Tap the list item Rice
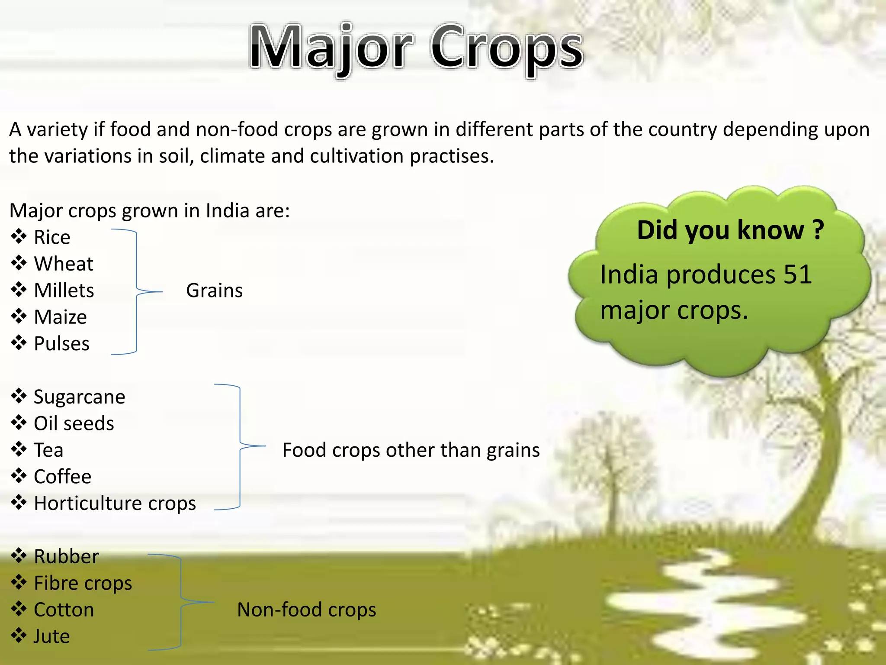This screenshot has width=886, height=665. click(x=52, y=237)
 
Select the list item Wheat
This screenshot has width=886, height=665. click(x=64, y=264)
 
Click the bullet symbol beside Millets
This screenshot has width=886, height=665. click(x=19, y=290)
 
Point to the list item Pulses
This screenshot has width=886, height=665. click(x=61, y=344)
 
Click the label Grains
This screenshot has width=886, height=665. click(x=214, y=291)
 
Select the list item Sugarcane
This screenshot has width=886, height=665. click(x=79, y=397)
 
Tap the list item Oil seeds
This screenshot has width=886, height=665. click(x=74, y=423)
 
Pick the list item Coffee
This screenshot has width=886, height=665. click(x=63, y=477)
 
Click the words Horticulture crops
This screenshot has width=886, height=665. click(x=115, y=504)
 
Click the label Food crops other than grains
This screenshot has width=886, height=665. click(x=411, y=450)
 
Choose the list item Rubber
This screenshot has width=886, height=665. click(x=66, y=557)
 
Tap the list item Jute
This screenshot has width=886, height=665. click(x=51, y=636)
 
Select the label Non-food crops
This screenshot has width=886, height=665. click(x=306, y=610)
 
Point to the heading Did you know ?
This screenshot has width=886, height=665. click(x=730, y=230)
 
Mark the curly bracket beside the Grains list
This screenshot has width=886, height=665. click(x=137, y=292)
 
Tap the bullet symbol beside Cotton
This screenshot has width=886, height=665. click(x=19, y=609)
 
